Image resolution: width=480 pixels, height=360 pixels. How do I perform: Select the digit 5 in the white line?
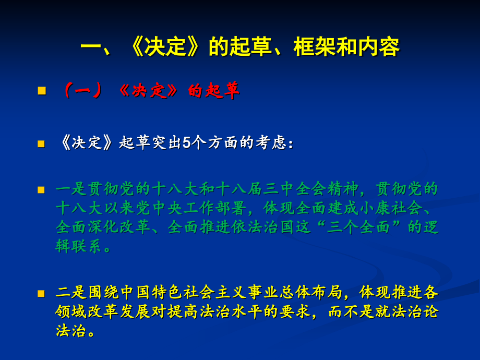tap(186, 143)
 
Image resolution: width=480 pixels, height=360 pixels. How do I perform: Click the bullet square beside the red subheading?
tap(42, 91)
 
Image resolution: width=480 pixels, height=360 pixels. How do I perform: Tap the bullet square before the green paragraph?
tap(42, 189)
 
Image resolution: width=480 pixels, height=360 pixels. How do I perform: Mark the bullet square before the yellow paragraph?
tap(42, 293)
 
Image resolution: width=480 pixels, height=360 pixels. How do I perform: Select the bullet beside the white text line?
tap(42, 143)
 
